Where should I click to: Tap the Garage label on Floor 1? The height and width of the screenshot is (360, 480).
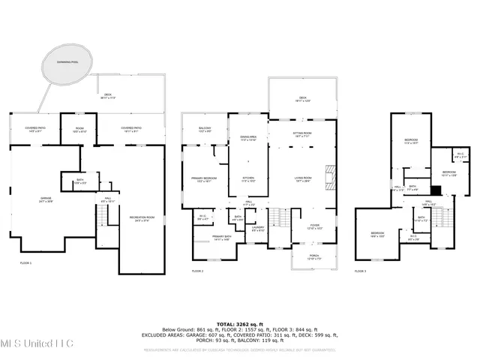[46, 199]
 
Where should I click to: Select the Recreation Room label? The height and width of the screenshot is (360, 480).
[140, 219]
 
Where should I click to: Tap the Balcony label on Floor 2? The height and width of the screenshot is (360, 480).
[205, 130]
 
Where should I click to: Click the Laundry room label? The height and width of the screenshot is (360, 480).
[258, 229]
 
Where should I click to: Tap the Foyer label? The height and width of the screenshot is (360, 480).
[316, 226]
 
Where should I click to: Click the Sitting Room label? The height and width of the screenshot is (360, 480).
[302, 133]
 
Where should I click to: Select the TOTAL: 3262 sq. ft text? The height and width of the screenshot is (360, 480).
[240, 323]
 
